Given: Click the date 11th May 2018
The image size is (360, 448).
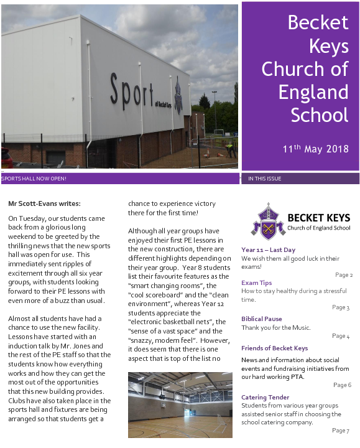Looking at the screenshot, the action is coord(315,149).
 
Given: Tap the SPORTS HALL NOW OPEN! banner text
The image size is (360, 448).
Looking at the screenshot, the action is coord(34,179).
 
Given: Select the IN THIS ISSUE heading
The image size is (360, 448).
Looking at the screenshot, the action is coord(264,179).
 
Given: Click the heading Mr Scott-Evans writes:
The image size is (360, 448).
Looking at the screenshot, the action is coord(44,203).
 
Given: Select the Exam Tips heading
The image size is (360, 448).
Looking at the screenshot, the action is coord(256,282).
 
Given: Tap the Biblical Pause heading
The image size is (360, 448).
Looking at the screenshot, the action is coord(262,319).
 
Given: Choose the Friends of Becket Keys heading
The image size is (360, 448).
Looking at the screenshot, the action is coord(274,348).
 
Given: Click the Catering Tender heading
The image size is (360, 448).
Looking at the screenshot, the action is coord(265,397).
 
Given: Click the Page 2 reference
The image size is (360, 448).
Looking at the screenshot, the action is coord(343,274).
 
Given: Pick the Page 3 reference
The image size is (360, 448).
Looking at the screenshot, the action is coord(341,307).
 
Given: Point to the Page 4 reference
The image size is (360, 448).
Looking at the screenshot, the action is coord(341,336).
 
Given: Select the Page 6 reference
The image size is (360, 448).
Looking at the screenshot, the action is coord(342,385).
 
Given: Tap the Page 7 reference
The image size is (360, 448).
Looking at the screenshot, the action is coord(341,430).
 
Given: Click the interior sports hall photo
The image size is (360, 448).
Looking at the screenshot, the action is coord(180,404).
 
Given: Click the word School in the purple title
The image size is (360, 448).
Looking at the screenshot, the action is coord(320,114).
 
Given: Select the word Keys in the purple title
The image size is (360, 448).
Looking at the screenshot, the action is coord(328,45).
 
